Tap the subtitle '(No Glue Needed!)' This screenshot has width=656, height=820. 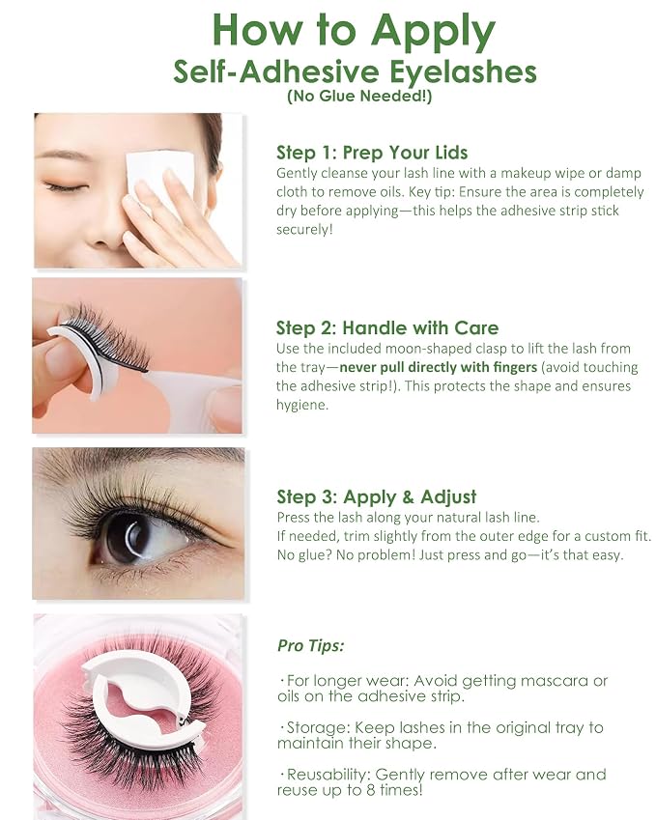pyautogui.click(x=359, y=97)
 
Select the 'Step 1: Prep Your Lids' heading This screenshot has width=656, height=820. pyautogui.click(x=372, y=153)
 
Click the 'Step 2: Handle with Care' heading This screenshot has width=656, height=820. pyautogui.click(x=387, y=327)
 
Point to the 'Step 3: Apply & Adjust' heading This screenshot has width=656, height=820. pyautogui.click(x=377, y=496)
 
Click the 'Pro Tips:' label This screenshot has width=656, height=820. pyautogui.click(x=311, y=646)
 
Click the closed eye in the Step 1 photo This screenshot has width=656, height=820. pyautogui.click(x=66, y=187)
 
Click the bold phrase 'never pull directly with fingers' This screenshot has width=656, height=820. pyautogui.click(x=439, y=367)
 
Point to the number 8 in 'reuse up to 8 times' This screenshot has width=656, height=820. pyautogui.click(x=370, y=790)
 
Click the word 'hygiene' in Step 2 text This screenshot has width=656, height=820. pyautogui.click(x=301, y=406)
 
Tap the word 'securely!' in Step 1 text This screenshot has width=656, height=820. pyautogui.click(x=304, y=230)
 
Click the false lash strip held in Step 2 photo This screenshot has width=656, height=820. pyautogui.click(x=107, y=337)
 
